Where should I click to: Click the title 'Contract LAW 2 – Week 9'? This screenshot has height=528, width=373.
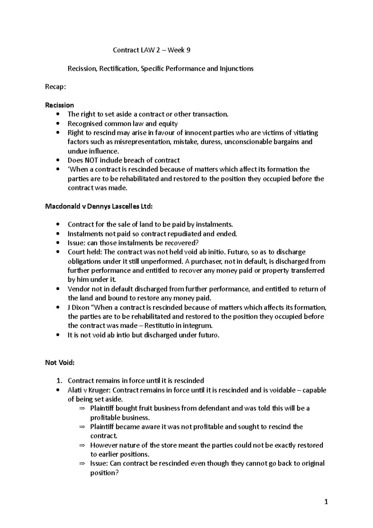pyautogui.click(x=151, y=50)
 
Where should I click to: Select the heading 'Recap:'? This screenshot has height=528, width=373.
pyautogui.click(x=56, y=87)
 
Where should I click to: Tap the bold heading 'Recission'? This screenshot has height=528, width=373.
pyautogui.click(x=59, y=105)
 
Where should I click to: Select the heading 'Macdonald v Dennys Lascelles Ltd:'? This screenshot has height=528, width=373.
pyautogui.click(x=99, y=206)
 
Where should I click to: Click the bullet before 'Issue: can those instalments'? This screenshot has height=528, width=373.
pyautogui.click(x=58, y=243)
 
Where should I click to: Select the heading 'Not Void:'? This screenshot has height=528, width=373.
pyautogui.click(x=60, y=363)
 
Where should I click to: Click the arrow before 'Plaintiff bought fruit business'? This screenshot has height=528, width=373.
pyautogui.click(x=82, y=409)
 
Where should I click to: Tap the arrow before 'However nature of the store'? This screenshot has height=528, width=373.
pyautogui.click(x=82, y=446)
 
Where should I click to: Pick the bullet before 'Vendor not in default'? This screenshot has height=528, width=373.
pyautogui.click(x=58, y=289)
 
